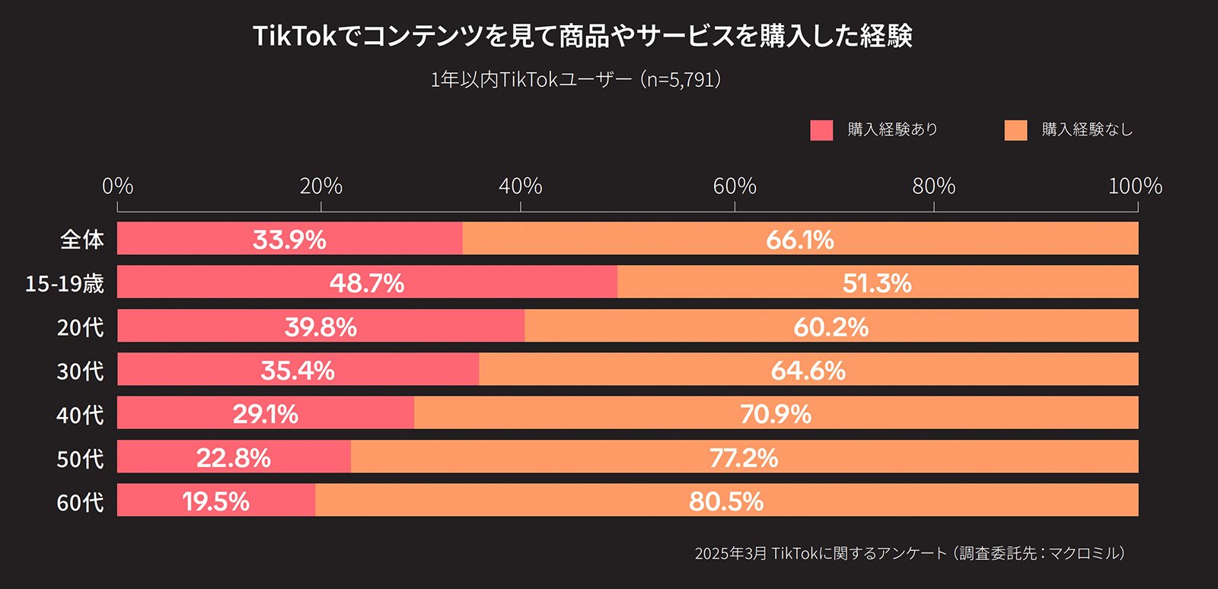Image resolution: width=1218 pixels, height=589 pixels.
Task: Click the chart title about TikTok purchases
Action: (x=582, y=36)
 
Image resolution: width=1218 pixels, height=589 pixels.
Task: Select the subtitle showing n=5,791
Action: (x=576, y=80)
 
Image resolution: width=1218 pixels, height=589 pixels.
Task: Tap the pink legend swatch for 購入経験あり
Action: (x=821, y=130)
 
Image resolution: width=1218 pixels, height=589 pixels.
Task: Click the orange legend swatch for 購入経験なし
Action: (x=1016, y=130)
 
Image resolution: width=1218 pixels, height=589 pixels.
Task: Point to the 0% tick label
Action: (x=118, y=186)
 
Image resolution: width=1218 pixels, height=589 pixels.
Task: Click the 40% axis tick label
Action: (x=521, y=186)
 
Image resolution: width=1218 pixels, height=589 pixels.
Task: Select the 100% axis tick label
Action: (x=1135, y=186)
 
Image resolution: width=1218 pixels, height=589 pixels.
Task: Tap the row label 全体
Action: (x=81, y=240)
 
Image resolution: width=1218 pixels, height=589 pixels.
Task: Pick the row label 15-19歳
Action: (x=65, y=284)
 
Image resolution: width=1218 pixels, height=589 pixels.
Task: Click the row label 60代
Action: (x=80, y=502)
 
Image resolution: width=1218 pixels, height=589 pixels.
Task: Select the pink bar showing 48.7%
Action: (x=367, y=282)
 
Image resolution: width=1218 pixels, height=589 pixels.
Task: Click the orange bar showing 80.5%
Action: (x=726, y=501)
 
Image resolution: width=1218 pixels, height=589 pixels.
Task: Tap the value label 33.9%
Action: (x=289, y=240)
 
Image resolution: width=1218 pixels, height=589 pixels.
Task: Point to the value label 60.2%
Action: (x=831, y=327)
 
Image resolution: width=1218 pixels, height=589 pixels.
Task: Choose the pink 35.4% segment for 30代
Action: (x=298, y=370)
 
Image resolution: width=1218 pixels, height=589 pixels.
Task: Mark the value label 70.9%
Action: (x=776, y=414)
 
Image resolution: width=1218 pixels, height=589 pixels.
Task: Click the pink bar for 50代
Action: (x=234, y=457)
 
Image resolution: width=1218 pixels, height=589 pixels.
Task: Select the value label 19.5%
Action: (x=216, y=501)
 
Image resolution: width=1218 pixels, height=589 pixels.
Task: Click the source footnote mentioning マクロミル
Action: (x=910, y=553)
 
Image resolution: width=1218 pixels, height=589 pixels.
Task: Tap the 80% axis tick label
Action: (x=934, y=186)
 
